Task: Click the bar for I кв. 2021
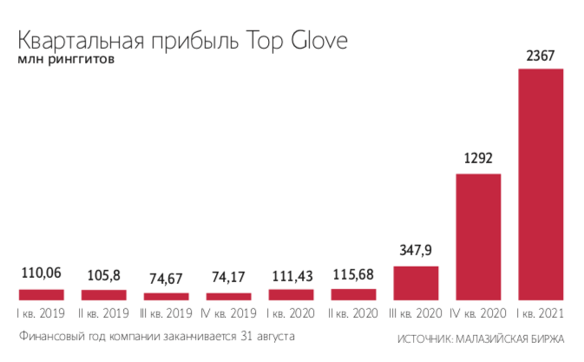(541, 184)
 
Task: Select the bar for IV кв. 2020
(478, 237)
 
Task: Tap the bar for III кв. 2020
(416, 283)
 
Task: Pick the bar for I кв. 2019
(41, 295)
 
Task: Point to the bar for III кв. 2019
(166, 297)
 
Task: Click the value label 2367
(541, 56)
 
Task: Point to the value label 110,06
(41, 275)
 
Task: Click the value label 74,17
(228, 279)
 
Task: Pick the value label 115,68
(353, 275)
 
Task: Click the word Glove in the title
(319, 42)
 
